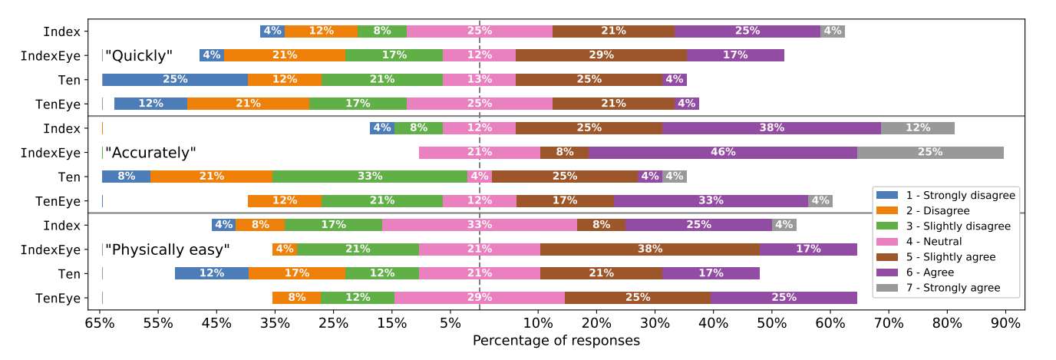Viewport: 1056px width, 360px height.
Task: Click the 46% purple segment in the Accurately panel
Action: click(723, 152)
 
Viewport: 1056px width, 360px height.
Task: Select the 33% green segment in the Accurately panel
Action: click(369, 177)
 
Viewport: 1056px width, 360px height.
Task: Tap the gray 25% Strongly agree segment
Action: click(930, 152)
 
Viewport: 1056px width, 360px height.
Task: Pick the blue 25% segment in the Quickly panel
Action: click(175, 80)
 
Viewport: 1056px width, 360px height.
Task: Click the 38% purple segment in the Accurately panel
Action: click(771, 128)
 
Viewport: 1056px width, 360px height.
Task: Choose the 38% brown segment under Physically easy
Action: click(650, 249)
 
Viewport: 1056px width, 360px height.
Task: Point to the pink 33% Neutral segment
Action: click(480, 225)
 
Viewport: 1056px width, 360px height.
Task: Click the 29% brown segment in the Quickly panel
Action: click(601, 55)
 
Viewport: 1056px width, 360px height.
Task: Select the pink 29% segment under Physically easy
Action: click(480, 298)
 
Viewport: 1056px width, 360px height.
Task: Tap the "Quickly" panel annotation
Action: click(139, 55)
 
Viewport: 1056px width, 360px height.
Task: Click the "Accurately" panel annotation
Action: click(150, 153)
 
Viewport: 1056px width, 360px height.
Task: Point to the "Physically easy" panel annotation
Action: click(167, 249)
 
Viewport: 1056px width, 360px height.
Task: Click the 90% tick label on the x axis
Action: click(1005, 324)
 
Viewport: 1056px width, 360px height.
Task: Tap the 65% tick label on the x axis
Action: click(100, 324)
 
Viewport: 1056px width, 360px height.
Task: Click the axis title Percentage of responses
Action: click(556, 340)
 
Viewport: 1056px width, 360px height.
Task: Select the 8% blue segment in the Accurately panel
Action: click(126, 177)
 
